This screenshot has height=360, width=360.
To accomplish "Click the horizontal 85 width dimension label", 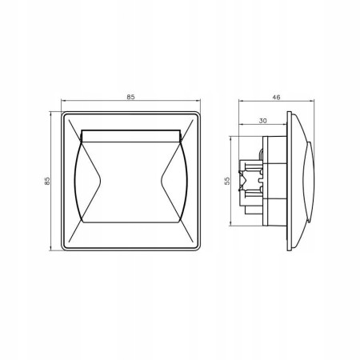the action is point(130,97).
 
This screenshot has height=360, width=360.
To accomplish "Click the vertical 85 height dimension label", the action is point(47,182).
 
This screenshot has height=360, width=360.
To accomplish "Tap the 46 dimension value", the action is point(277,98).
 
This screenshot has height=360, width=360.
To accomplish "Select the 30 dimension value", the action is point(263,121).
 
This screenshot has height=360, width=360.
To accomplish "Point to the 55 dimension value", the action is point(227,181).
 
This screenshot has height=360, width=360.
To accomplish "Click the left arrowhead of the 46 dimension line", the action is point(241,101).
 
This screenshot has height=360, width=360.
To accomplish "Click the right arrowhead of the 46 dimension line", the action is point(312,101).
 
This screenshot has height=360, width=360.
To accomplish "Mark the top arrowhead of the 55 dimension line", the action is point(230,138).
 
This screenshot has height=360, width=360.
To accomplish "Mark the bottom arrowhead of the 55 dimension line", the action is point(230,223).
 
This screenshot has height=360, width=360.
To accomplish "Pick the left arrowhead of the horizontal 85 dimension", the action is point(63,101).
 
